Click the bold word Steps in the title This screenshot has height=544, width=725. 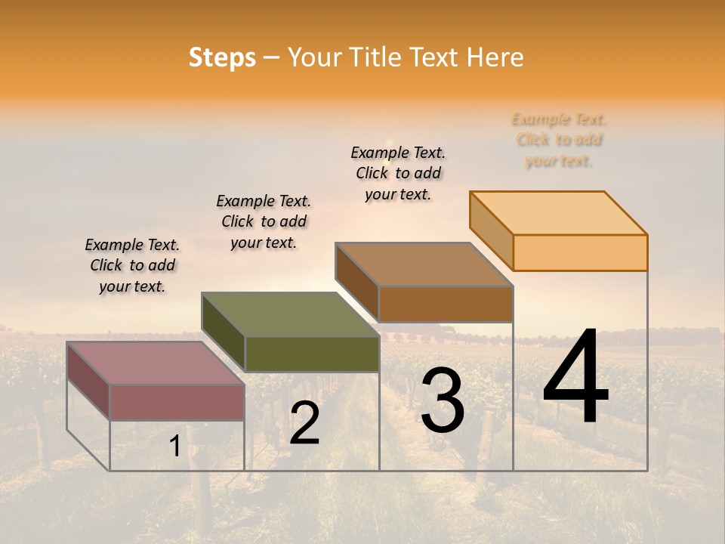tap(222, 57)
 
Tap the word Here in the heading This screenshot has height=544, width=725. tap(495, 57)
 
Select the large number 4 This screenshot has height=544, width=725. tap(575, 377)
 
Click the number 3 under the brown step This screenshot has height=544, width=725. tap(443, 400)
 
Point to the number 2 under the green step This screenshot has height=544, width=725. tap(304, 423)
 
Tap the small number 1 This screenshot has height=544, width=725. tap(174, 446)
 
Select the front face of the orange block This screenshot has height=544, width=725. tap(580, 252)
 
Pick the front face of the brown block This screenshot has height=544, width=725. tap(446, 304)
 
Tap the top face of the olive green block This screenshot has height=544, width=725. tap(291, 314)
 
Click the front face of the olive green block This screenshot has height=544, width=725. tap(312, 354)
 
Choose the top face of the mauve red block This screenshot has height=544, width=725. tap(156, 363)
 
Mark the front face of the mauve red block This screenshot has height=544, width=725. tap(177, 402)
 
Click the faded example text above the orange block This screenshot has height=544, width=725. tap(559, 140)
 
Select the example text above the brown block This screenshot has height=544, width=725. tap(398, 173)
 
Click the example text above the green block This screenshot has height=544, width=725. tap(264, 221)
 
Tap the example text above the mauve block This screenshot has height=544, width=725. tap(132, 265)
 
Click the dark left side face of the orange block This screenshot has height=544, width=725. tap(491, 230)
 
